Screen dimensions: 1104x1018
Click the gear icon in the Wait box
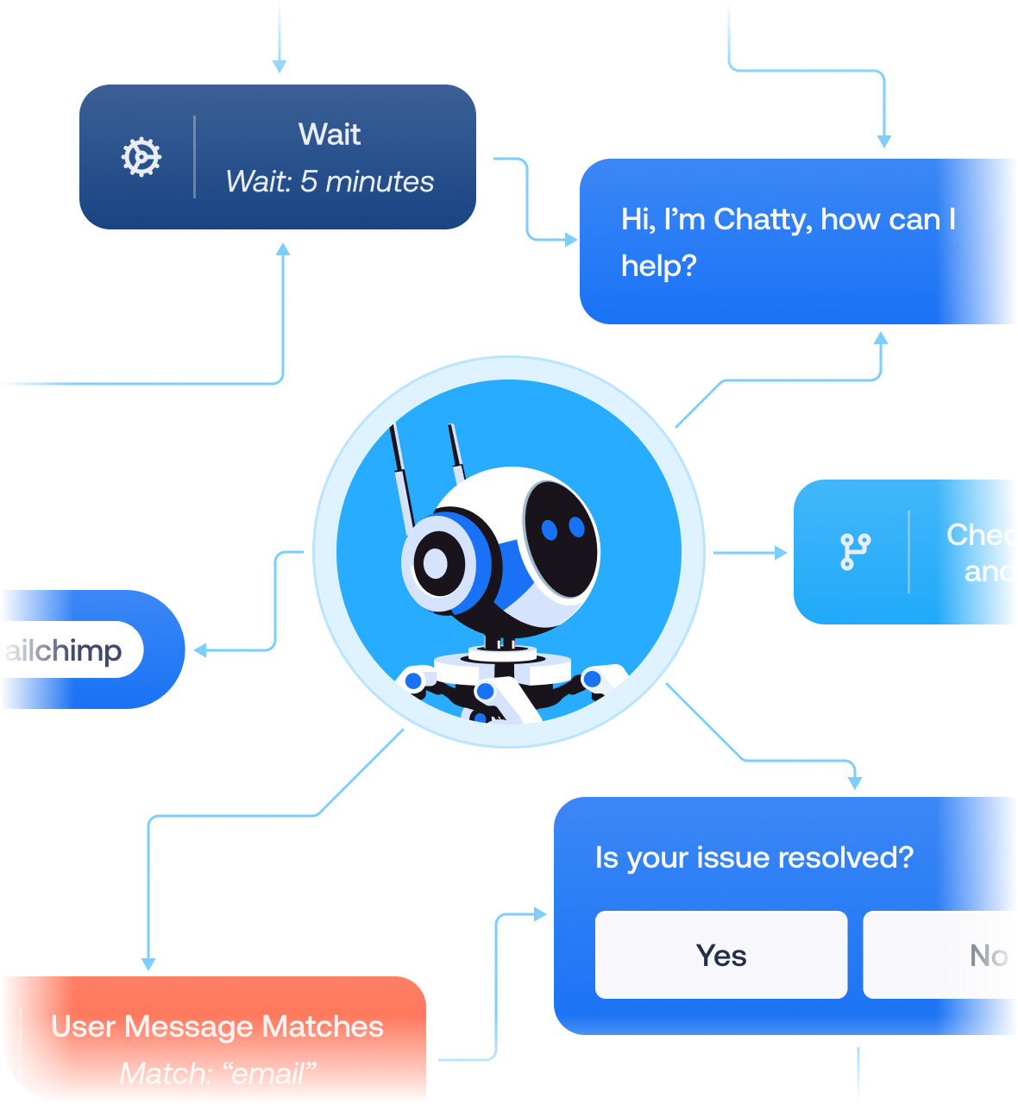(141, 158)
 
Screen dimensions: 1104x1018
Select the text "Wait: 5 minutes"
(330, 182)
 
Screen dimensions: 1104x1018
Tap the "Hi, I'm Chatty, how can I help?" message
(788, 242)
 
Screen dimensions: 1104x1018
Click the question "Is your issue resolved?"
(754, 858)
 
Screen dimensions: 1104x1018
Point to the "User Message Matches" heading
(217, 1026)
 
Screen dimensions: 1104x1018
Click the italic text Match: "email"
(217, 1074)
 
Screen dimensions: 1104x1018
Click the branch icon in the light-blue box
(855, 552)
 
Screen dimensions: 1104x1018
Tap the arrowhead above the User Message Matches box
(148, 963)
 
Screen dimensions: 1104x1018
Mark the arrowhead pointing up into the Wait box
(282, 249)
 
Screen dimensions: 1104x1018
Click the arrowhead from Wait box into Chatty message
(571, 240)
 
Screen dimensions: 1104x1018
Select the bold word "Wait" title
(330, 135)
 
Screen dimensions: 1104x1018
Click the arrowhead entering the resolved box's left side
(541, 913)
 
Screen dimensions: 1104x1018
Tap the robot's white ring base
(502, 665)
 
